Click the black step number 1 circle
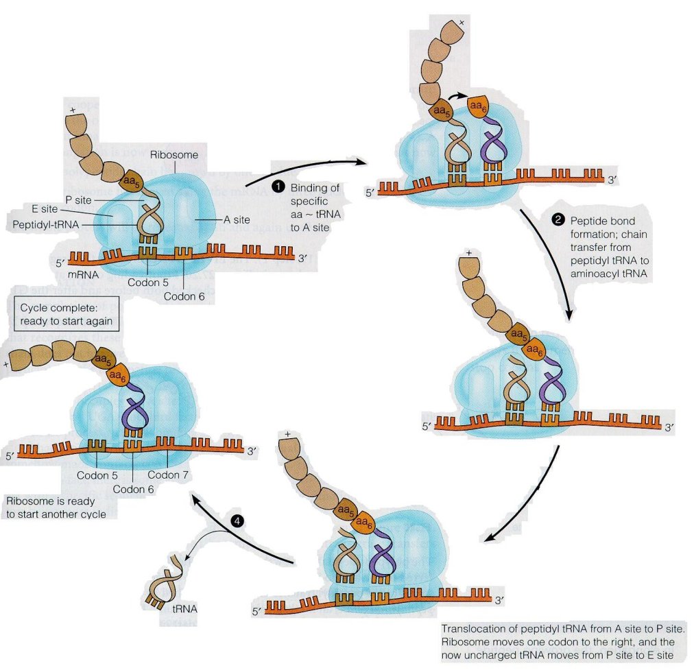click(279, 187)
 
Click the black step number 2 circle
click(559, 220)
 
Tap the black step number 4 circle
click(237, 521)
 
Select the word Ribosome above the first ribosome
click(174, 155)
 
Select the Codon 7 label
click(167, 475)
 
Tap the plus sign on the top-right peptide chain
click(461, 23)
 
